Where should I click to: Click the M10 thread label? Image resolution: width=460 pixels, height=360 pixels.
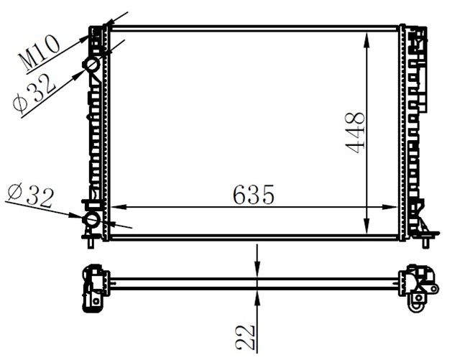pyautogui.click(x=39, y=53)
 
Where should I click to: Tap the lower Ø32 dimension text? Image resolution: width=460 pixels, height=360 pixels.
pyautogui.click(x=30, y=195)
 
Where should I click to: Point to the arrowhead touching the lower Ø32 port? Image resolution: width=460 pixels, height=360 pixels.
pyautogui.click(x=80, y=215)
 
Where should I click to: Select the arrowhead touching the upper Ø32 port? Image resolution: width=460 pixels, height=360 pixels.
pyautogui.click(x=84, y=70)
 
